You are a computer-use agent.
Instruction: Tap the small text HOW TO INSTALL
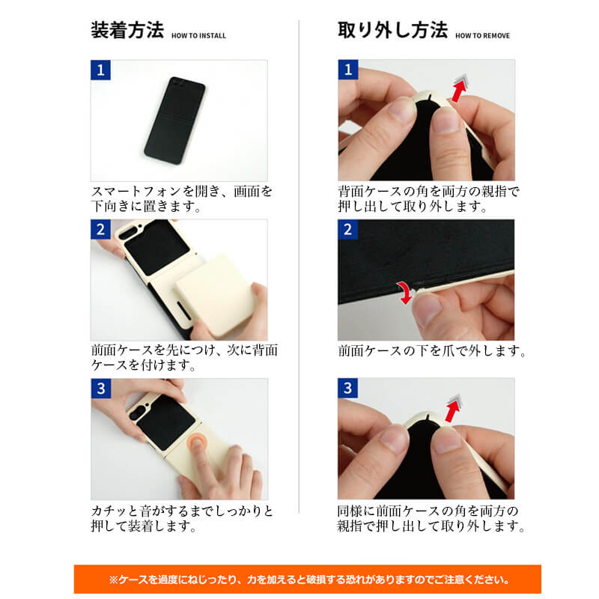198,35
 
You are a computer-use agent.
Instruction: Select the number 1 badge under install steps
100,70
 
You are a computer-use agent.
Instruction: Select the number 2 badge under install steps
100,230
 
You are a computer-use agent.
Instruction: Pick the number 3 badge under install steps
100,389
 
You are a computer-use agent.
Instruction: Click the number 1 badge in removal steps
347,70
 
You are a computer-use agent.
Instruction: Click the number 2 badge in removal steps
347,230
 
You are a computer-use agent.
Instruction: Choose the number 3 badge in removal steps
347,389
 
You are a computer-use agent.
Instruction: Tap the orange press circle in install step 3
198,444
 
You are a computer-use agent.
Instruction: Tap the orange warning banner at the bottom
306,579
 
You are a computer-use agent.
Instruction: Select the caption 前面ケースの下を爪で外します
432,350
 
